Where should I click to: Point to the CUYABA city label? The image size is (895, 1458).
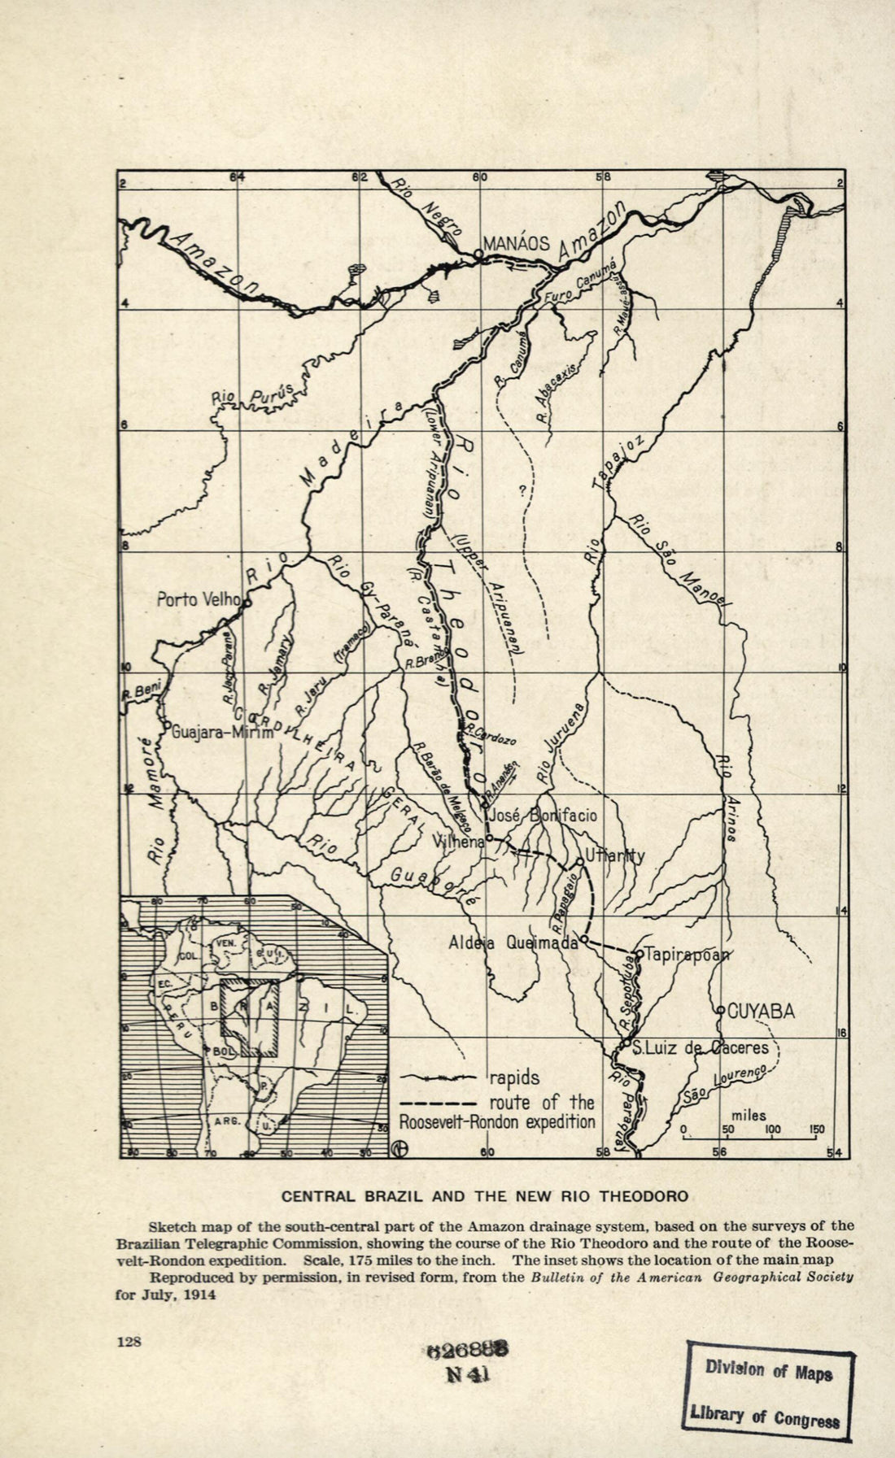click(760, 1011)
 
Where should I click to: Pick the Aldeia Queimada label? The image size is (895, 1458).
click(513, 943)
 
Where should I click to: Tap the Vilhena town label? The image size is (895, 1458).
click(458, 842)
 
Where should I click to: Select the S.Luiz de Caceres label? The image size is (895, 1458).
click(701, 1047)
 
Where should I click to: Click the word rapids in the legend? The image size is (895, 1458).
click(513, 1078)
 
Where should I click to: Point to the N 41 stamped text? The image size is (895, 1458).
click(467, 1374)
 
